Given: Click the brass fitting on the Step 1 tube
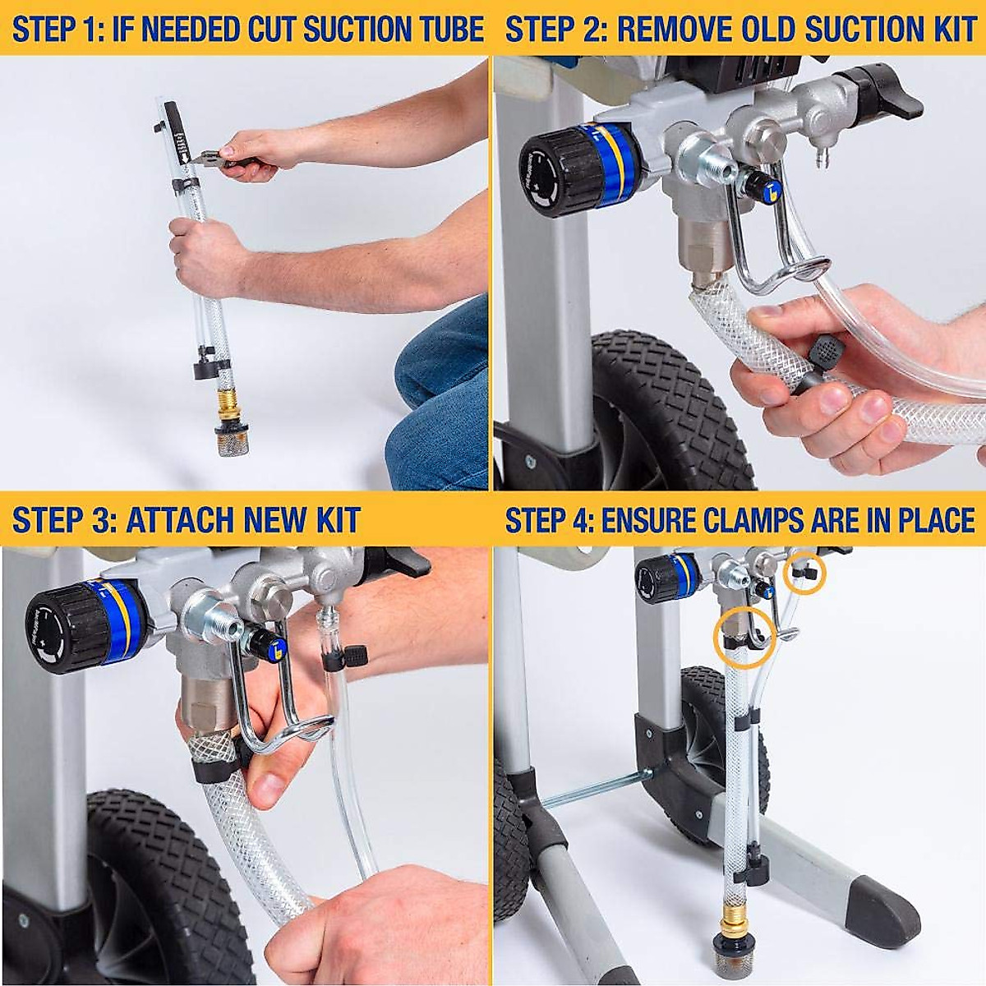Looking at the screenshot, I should [x=223, y=404].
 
